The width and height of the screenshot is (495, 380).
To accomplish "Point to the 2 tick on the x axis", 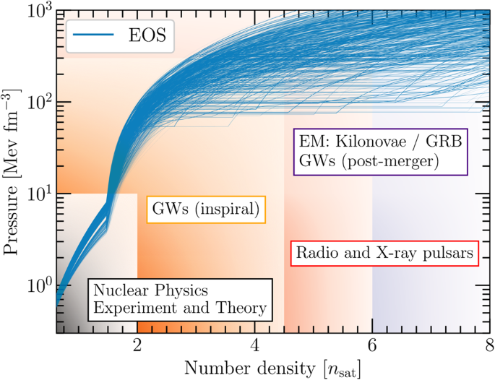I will click(137, 342).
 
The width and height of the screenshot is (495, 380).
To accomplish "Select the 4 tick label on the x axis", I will click(254, 342).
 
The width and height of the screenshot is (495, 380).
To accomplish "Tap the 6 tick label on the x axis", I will click(372, 342).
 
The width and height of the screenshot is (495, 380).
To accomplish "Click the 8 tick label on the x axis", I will click(488, 342).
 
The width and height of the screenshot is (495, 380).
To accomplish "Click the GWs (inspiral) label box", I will click(206, 210).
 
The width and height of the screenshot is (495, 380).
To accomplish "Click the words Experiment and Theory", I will click(180, 309).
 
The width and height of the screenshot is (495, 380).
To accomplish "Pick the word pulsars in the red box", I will click(446, 254).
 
